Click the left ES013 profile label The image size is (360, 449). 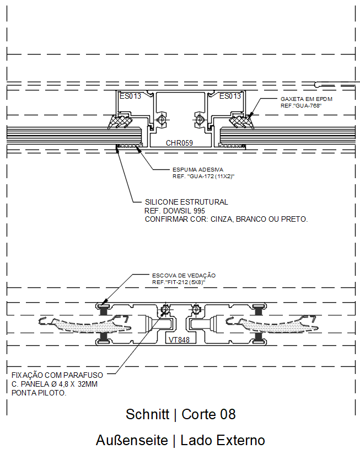point(130,96)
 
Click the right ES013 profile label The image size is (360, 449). point(230,96)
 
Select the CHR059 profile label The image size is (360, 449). point(179,143)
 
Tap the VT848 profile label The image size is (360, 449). point(179,340)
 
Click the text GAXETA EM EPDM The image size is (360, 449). point(307,99)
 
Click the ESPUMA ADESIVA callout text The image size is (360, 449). point(198,170)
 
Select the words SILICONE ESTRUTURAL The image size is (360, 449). point(186,202)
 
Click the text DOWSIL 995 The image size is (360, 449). point(184,211)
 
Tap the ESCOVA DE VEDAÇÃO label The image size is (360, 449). point(184,275)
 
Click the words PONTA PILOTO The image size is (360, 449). point(39,393)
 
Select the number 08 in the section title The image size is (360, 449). point(228,414)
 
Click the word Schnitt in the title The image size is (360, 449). point(147,414)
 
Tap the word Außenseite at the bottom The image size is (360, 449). point(132,440)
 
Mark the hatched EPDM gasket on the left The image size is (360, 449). point(120,121)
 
